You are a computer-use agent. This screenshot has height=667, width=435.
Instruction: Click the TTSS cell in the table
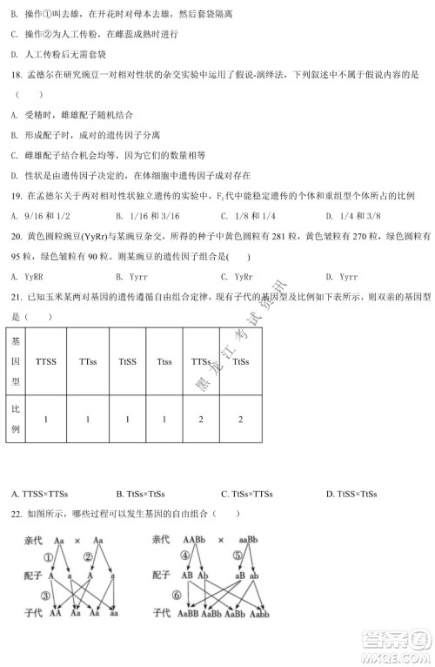point(46,360)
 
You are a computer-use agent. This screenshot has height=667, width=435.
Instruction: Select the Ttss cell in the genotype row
point(164,360)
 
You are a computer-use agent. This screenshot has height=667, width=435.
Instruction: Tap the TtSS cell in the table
point(126,360)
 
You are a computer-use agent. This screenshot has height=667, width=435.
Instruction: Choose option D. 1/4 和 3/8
point(354,215)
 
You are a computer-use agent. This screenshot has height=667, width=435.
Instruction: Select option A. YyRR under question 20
point(30,276)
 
